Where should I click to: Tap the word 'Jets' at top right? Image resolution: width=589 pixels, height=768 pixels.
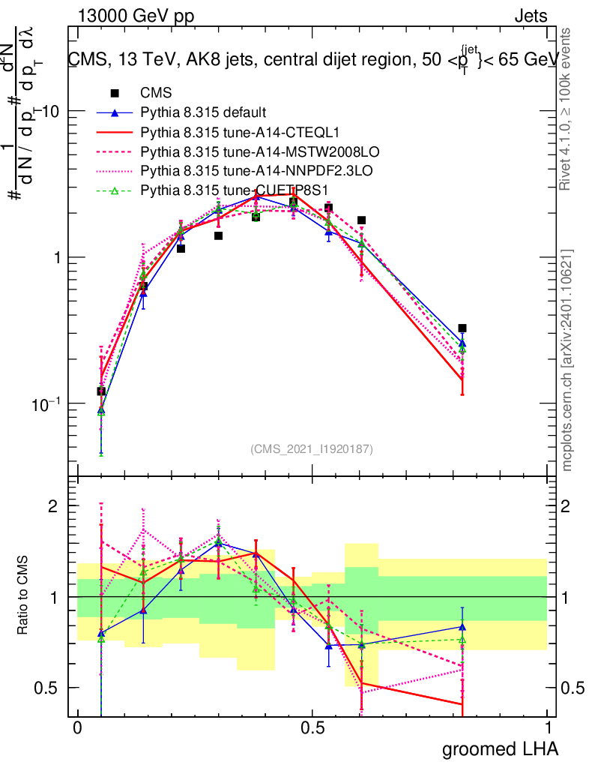pyautogui.click(x=530, y=16)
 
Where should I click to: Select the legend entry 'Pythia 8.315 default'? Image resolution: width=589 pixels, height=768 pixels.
pyautogui.click(x=203, y=112)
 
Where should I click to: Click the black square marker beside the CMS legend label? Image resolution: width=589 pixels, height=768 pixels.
pyautogui.click(x=115, y=93)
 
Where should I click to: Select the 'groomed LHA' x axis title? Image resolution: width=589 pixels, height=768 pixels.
pyautogui.click(x=501, y=748)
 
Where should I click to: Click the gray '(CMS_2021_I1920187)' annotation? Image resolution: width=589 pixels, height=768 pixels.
pyautogui.click(x=312, y=449)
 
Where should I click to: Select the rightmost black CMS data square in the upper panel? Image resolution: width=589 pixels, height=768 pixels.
pyautogui.click(x=462, y=328)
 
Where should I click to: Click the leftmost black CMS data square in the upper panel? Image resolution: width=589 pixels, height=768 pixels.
pyautogui.click(x=101, y=391)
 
